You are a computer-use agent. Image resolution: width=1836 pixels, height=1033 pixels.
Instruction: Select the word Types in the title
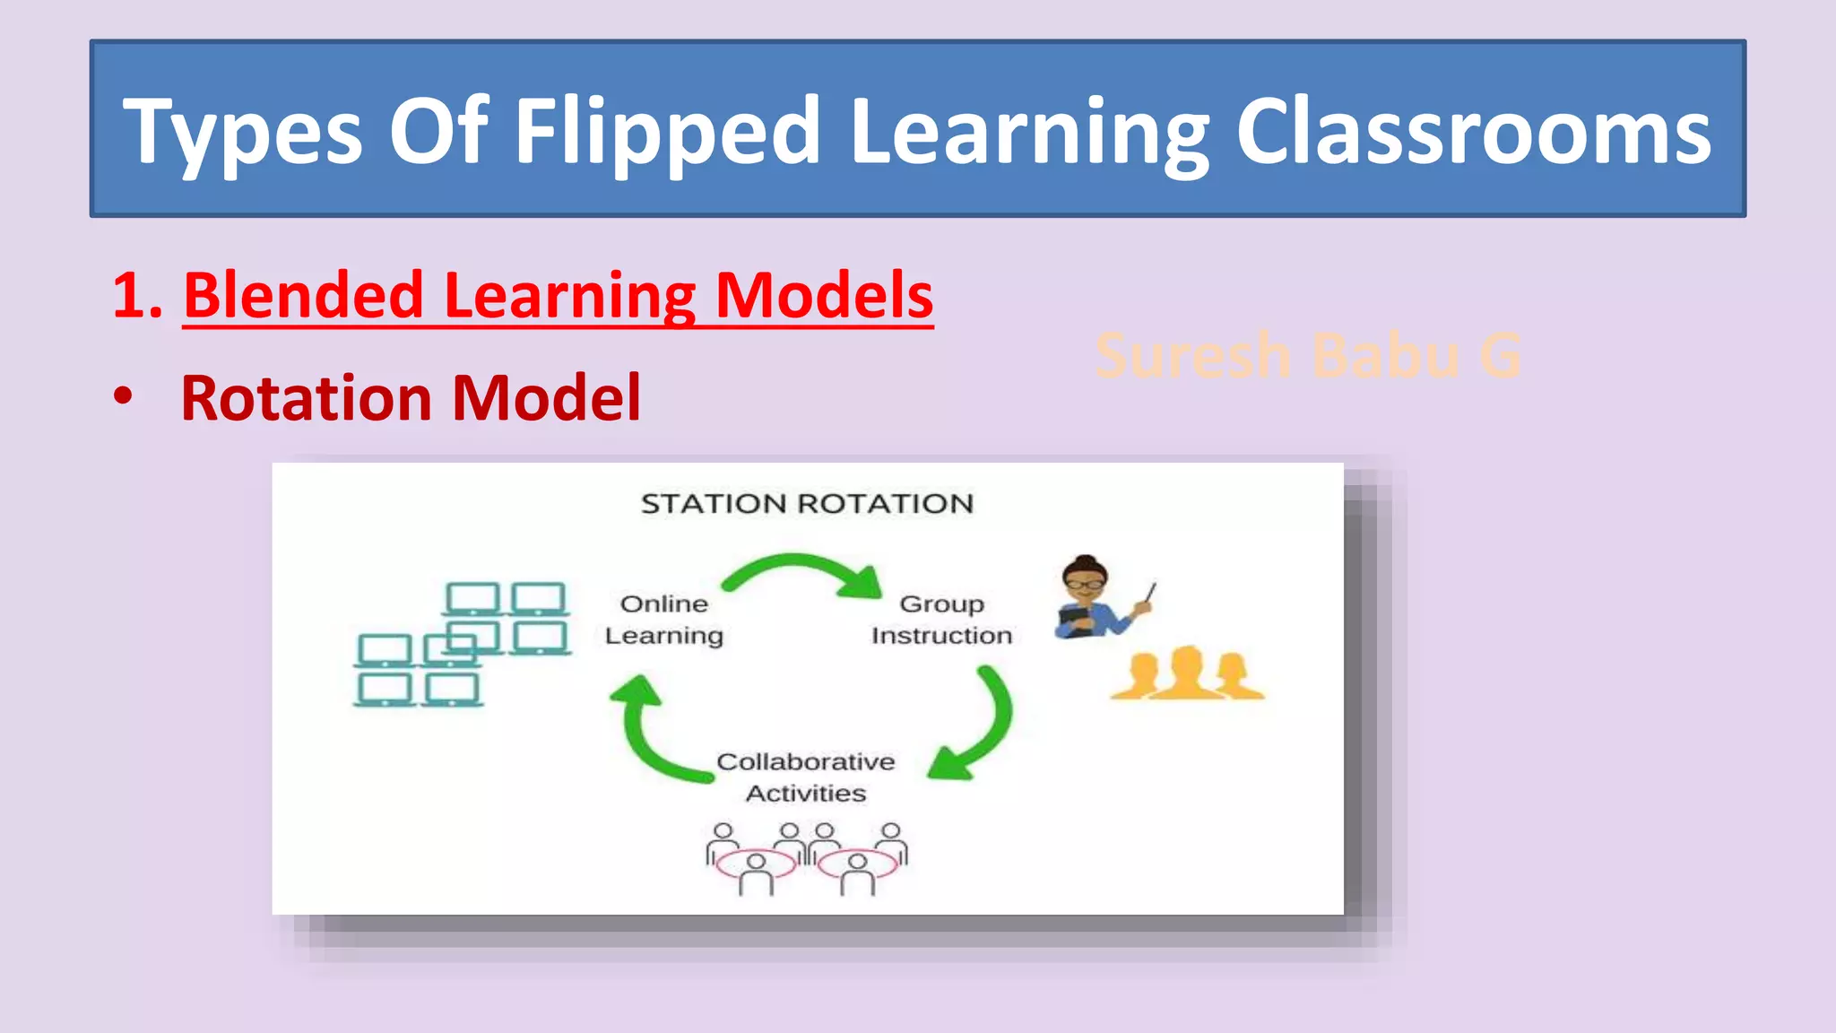pos(242,133)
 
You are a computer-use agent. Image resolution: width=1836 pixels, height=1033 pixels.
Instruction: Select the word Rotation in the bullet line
pos(308,397)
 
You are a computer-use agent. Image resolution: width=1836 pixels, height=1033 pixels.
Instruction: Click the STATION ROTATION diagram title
pos(807,503)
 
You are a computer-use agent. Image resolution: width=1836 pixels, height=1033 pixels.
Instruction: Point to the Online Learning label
pos(663,619)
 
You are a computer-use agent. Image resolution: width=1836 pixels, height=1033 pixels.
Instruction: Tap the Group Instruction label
pos(941,619)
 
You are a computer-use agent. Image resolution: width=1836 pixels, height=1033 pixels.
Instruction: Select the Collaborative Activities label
pos(806,777)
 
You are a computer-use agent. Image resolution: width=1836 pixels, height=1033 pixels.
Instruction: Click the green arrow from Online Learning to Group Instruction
pos(803,573)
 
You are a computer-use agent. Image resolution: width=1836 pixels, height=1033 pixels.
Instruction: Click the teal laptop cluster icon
pos(462,644)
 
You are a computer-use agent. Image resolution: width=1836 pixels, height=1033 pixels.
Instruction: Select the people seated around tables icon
pos(806,858)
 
